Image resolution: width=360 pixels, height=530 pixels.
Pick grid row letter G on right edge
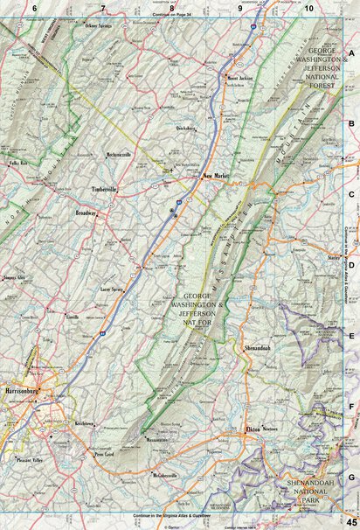tap(350, 478)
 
